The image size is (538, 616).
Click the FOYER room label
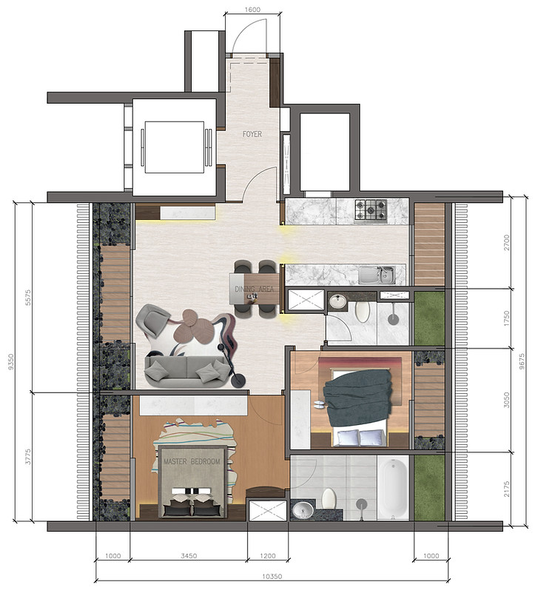(252, 135)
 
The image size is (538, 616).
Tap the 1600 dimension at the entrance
(252, 10)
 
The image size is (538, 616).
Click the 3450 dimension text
(188, 556)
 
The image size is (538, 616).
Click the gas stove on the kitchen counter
(370, 210)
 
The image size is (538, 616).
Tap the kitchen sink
(377, 275)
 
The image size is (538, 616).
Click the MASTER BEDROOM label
(192, 462)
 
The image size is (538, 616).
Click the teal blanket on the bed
(357, 398)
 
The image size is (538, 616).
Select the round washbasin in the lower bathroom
(302, 509)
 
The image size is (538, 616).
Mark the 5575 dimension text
(29, 296)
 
